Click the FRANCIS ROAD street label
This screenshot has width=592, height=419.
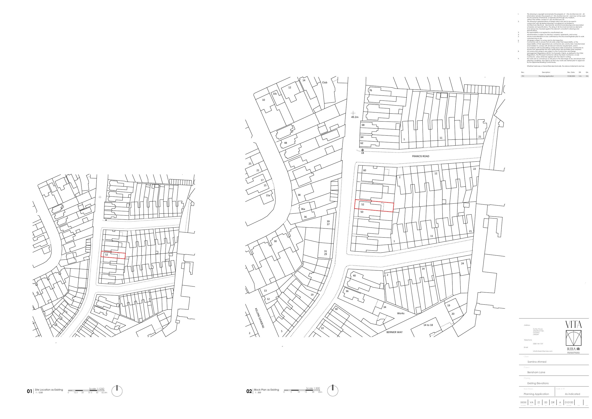(x=421, y=156)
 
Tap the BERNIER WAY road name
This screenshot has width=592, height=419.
(x=394, y=332)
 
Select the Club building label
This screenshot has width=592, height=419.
(x=325, y=83)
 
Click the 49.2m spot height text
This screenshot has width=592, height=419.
(x=355, y=117)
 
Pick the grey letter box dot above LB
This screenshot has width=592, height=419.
(x=363, y=150)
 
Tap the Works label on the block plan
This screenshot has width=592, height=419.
(x=401, y=313)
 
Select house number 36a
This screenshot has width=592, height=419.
(x=303, y=209)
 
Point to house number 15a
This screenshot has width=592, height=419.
(x=268, y=196)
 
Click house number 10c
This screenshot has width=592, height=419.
(x=275, y=94)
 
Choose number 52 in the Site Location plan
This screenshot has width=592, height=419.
(x=106, y=255)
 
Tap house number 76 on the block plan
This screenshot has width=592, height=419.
(x=370, y=90)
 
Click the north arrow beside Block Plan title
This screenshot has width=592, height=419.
(x=333, y=391)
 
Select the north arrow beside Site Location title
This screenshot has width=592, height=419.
(x=117, y=391)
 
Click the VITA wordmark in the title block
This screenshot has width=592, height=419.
(x=573, y=324)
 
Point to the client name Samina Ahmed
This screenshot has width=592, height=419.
(x=537, y=362)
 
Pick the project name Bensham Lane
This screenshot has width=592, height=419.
(x=536, y=372)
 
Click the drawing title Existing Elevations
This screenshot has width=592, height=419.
(x=538, y=383)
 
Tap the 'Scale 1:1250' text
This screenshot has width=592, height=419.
(x=97, y=388)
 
